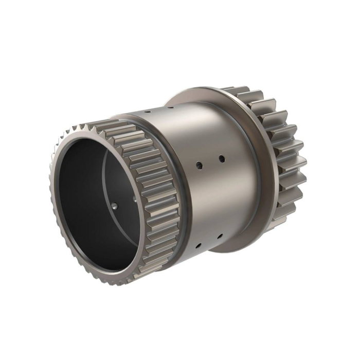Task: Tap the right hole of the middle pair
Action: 222,158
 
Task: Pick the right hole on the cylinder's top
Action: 170,108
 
